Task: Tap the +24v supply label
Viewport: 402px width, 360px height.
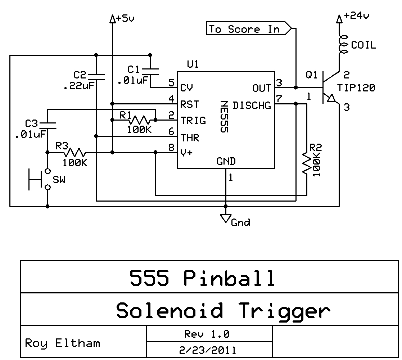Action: coord(357,16)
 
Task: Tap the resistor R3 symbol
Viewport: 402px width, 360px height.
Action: coord(74,152)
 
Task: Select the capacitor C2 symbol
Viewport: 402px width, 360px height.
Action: coord(96,76)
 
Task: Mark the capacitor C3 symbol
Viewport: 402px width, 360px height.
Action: coord(48,125)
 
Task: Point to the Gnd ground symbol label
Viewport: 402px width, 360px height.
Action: coord(240,222)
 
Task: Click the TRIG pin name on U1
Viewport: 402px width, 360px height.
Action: coord(193,121)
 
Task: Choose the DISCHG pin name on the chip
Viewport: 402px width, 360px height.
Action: coord(252,105)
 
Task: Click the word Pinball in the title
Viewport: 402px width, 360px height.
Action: coord(229,278)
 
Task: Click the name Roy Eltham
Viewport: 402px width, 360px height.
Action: coord(62,343)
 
